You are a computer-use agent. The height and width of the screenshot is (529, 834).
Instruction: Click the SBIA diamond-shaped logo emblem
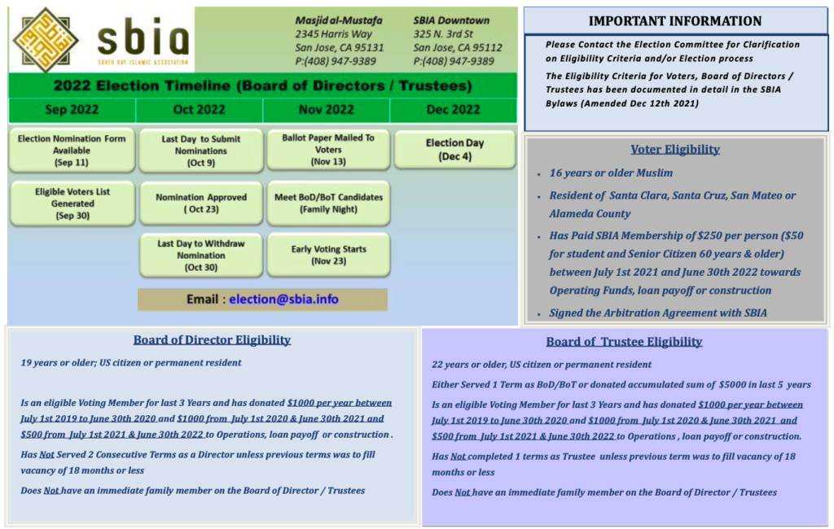click(46, 40)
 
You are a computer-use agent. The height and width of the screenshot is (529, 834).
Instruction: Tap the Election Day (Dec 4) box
click(454, 150)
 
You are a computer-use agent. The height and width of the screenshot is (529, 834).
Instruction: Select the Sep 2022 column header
click(72, 110)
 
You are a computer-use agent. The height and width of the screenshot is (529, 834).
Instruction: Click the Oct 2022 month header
click(199, 110)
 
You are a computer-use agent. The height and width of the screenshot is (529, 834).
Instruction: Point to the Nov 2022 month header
click(326, 110)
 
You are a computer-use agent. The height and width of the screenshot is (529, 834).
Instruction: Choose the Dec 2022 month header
click(453, 110)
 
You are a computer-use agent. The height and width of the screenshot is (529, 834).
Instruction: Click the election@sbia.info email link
click(283, 299)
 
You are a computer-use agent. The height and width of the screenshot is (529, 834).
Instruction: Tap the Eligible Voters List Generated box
click(72, 203)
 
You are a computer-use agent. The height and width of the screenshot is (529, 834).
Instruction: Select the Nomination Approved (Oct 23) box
click(201, 203)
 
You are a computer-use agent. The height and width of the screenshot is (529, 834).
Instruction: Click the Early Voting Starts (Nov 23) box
click(329, 256)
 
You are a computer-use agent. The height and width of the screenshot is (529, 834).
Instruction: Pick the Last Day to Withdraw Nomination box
click(201, 256)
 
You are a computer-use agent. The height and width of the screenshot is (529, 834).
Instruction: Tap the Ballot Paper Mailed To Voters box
click(328, 150)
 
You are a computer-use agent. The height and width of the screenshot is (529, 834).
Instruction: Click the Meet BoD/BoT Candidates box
click(329, 203)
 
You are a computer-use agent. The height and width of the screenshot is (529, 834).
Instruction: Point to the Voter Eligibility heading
click(675, 150)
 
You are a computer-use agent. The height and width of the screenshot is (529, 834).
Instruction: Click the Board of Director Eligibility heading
click(212, 339)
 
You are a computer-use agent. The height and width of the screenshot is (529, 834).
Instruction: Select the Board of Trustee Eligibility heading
click(624, 341)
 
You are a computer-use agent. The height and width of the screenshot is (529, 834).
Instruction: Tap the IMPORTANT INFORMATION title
click(675, 21)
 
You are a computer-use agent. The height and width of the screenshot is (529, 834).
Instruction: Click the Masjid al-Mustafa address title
click(339, 20)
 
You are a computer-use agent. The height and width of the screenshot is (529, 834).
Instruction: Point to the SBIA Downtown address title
click(451, 20)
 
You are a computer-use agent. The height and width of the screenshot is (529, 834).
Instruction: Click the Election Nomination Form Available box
click(72, 151)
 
